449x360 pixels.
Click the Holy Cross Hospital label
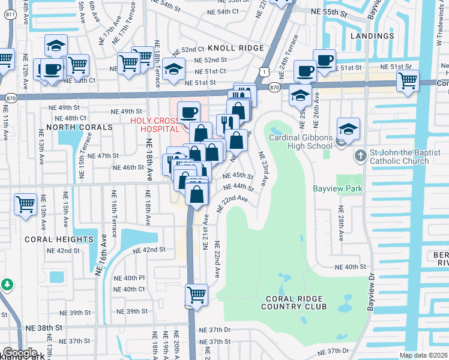point(155,124)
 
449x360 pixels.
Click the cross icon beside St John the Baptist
point(360,157)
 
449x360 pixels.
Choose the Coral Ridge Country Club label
point(294,302)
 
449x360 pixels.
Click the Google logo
point(19,353)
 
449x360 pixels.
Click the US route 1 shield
point(264,71)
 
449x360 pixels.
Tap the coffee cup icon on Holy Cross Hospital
point(189,112)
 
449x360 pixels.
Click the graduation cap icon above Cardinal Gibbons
point(348,128)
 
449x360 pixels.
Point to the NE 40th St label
point(350,266)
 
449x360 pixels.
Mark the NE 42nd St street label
point(149,250)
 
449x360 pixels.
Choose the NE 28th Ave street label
point(341,224)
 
